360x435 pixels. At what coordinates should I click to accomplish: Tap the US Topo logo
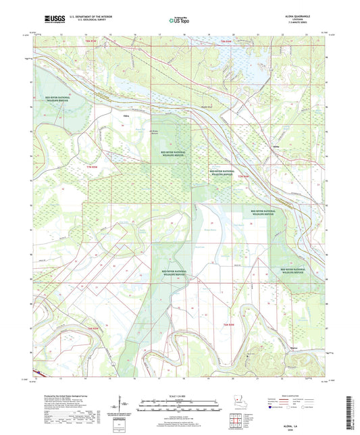180,20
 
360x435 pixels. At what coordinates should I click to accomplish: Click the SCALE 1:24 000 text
180,395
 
